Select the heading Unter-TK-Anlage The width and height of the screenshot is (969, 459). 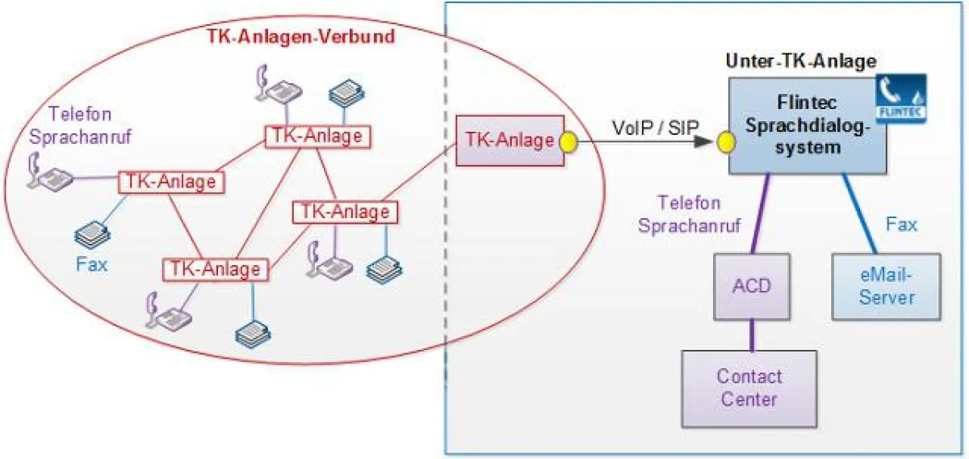click(x=800, y=61)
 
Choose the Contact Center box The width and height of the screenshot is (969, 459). click(x=749, y=387)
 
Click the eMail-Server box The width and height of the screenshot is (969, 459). click(x=886, y=286)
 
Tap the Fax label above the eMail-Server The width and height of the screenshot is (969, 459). click(x=900, y=224)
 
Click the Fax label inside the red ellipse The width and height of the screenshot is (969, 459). click(x=91, y=263)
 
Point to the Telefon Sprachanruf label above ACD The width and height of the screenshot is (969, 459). click(x=689, y=215)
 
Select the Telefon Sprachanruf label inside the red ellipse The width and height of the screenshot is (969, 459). click(x=79, y=125)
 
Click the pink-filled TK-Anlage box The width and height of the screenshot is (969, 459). click(x=509, y=141)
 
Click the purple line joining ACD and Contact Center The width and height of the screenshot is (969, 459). click(x=751, y=334)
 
